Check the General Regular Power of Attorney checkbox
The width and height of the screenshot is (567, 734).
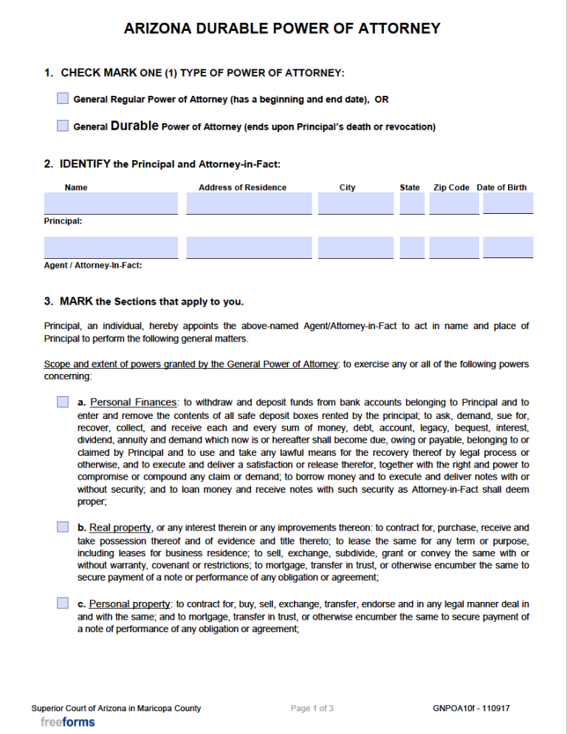click(63, 99)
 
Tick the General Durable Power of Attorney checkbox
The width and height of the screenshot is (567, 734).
click(63, 126)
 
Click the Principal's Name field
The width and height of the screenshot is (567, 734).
click(111, 203)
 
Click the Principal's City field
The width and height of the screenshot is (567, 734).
click(356, 203)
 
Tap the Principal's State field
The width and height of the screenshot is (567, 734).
click(412, 203)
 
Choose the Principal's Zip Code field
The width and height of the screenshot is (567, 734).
click(453, 203)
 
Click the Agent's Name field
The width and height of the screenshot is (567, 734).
click(111, 247)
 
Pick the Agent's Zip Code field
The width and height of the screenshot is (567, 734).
click(453, 247)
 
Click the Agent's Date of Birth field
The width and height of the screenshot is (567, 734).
click(508, 247)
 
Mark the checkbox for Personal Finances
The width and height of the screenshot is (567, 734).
click(63, 402)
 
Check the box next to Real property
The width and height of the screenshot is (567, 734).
click(63, 527)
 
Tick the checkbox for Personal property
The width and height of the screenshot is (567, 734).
click(63, 603)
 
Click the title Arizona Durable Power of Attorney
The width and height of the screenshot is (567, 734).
click(282, 29)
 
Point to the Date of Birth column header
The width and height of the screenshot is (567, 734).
click(502, 187)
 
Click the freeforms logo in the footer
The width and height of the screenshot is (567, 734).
click(68, 722)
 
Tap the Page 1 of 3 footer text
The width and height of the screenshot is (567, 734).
click(312, 709)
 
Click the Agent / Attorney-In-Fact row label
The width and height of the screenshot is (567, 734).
click(93, 266)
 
